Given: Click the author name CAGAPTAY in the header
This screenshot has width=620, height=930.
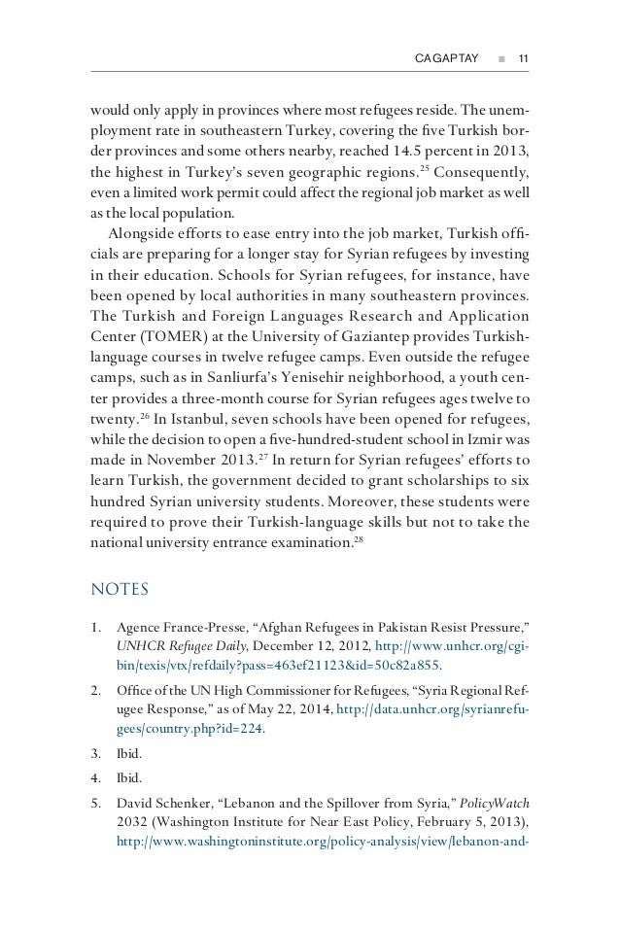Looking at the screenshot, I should [447, 59].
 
